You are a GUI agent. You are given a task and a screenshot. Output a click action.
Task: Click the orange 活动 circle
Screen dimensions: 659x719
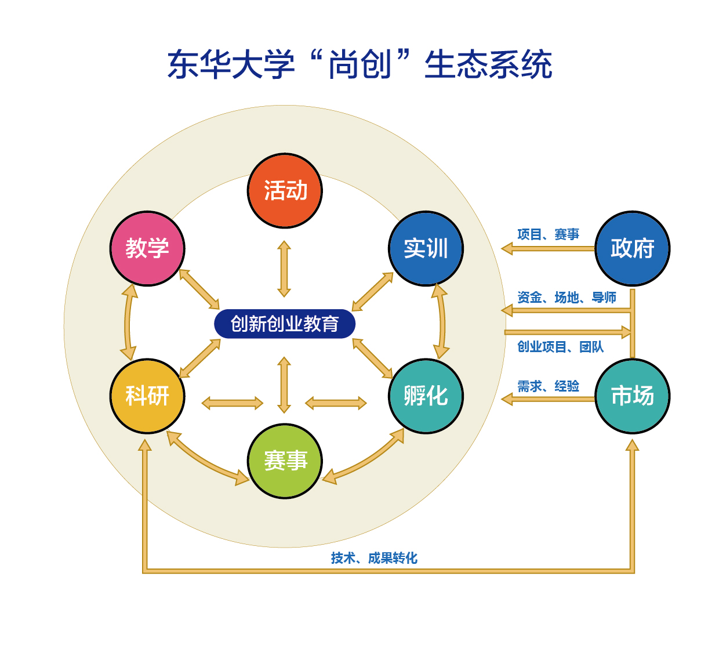(285, 191)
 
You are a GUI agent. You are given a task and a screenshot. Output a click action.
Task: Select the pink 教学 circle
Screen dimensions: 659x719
(147, 248)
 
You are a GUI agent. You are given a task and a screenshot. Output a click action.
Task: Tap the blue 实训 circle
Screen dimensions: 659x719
(426, 248)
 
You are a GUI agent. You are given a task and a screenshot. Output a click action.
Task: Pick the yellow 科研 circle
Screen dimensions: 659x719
(147, 396)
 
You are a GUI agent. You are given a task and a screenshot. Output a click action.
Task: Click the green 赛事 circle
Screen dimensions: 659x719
(285, 461)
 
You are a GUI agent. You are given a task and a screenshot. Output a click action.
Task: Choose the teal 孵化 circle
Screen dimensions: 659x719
(426, 396)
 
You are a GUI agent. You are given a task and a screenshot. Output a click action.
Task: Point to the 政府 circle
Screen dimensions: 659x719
(633, 248)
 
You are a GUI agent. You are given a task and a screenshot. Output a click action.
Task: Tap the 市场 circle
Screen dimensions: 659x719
(633, 396)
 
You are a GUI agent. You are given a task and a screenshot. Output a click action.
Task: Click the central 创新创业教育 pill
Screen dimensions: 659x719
(285, 324)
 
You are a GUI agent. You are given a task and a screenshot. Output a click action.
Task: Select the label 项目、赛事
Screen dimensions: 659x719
(548, 234)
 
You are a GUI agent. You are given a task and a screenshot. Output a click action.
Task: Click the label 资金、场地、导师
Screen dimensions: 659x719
(567, 298)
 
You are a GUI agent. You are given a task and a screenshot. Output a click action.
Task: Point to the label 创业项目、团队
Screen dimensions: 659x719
(560, 347)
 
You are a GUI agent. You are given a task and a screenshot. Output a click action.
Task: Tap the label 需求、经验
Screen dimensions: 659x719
(548, 386)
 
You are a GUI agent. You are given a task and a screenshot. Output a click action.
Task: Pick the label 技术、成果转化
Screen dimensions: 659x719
(374, 558)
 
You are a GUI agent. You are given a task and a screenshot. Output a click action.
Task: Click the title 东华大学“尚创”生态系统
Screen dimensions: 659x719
(359, 64)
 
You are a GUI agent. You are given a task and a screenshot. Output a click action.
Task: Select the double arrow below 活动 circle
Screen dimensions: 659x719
(284, 269)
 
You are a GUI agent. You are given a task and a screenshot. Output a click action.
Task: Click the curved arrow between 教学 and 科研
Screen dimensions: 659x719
(128, 323)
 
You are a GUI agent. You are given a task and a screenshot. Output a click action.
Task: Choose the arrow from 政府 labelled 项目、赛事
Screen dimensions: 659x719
(548, 249)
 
